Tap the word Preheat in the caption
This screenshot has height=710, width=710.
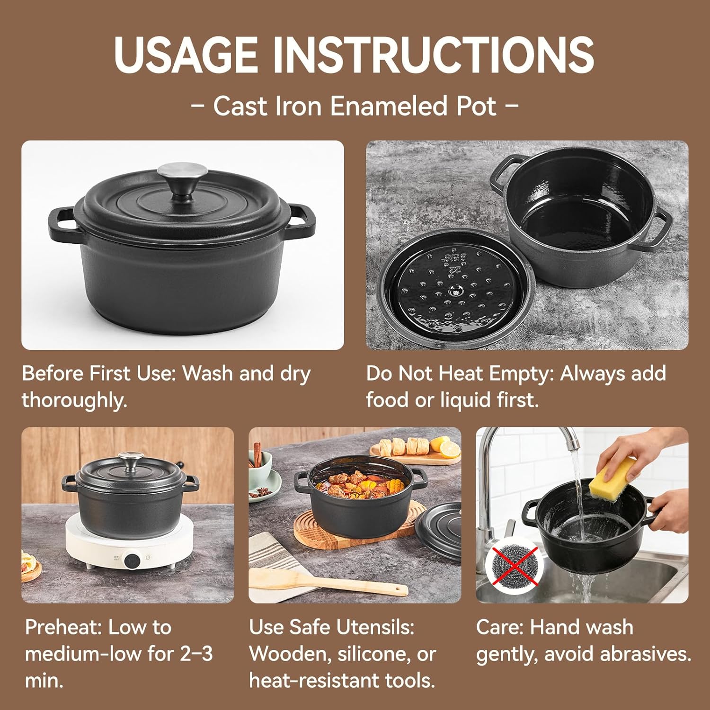63,627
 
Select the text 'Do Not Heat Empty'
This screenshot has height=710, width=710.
460,373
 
